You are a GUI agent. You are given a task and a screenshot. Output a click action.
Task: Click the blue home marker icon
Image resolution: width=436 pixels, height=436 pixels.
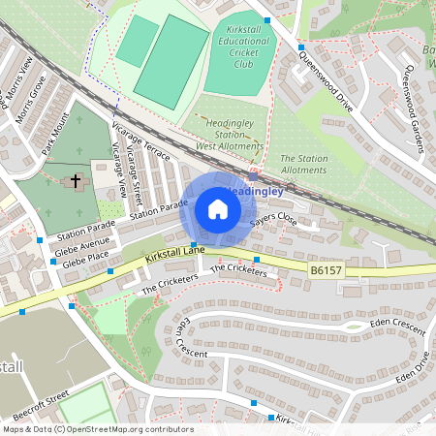click(218, 209)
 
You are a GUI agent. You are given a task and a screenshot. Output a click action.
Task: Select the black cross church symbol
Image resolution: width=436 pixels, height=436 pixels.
click(76, 180)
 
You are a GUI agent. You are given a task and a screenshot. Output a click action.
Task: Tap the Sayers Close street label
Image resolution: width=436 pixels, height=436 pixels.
click(273, 221)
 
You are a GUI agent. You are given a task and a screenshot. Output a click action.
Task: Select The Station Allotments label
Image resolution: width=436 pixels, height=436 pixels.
click(303, 164)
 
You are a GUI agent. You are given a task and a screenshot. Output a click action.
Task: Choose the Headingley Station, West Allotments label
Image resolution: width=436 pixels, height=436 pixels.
click(230, 134)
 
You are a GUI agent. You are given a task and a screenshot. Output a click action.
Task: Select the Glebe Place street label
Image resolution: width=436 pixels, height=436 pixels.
click(85, 262)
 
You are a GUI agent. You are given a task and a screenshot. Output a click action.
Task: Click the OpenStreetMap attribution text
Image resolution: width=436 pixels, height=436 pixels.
click(84, 428)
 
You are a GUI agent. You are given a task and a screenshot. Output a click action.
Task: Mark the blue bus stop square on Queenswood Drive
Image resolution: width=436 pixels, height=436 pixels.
click(301, 47)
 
